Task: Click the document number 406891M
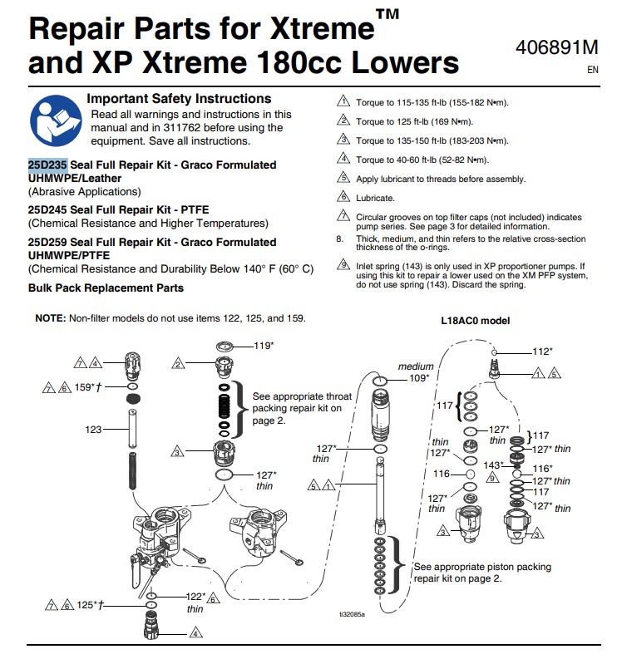pyautogui.click(x=555, y=48)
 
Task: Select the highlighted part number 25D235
pyautogui.click(x=47, y=165)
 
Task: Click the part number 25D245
pyautogui.click(x=47, y=210)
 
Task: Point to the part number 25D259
pyautogui.click(x=47, y=242)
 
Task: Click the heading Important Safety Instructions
pyautogui.click(x=179, y=99)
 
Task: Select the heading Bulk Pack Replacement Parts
pyautogui.click(x=106, y=288)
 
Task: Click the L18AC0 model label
pyautogui.click(x=475, y=320)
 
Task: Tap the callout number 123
pyautogui.click(x=93, y=430)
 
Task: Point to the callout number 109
pyautogui.click(x=419, y=377)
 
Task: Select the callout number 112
pyautogui.click(x=542, y=352)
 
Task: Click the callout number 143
pyautogui.click(x=494, y=465)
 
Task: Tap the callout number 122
pyautogui.click(x=195, y=597)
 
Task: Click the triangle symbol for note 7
pyautogui.click(x=343, y=216)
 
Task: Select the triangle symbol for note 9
pyautogui.click(x=343, y=265)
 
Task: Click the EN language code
pyautogui.click(x=592, y=71)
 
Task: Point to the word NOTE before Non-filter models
pyautogui.click(x=51, y=319)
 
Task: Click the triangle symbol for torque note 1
pyautogui.click(x=343, y=102)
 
